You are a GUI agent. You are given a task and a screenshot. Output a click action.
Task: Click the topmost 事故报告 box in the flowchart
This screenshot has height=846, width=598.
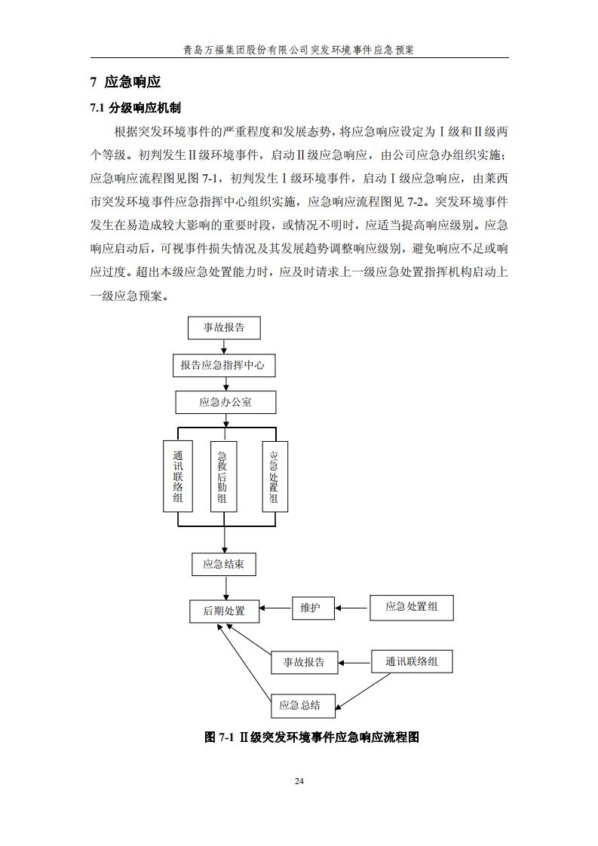(223, 328)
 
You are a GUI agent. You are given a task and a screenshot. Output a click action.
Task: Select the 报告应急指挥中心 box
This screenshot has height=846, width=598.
(222, 366)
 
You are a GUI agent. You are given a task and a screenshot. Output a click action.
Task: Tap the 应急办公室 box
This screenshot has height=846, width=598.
(225, 402)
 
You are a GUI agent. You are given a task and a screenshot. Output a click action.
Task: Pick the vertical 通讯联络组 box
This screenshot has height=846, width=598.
(178, 477)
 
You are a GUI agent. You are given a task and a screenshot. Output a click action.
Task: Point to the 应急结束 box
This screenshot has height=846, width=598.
(223, 564)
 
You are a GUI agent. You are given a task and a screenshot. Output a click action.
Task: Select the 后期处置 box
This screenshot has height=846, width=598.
(224, 611)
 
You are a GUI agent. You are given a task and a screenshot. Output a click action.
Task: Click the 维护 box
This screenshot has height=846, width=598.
(313, 608)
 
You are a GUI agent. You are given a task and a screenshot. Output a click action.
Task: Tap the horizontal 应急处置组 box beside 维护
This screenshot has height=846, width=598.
(411, 608)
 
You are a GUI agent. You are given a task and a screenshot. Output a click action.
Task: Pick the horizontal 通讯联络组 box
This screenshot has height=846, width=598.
(412, 662)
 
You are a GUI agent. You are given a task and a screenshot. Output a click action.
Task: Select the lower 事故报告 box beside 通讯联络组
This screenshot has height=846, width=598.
(304, 662)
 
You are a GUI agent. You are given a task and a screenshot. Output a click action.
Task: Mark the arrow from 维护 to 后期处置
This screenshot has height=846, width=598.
(275, 608)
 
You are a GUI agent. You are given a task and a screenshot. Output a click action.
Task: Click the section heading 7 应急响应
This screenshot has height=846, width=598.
(125, 81)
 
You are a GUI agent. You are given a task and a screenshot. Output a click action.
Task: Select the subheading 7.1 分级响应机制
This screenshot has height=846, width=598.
(135, 108)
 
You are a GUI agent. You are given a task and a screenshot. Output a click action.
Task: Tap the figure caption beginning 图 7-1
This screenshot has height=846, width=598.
(311, 737)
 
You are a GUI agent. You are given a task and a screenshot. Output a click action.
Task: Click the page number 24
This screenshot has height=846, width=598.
(299, 780)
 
